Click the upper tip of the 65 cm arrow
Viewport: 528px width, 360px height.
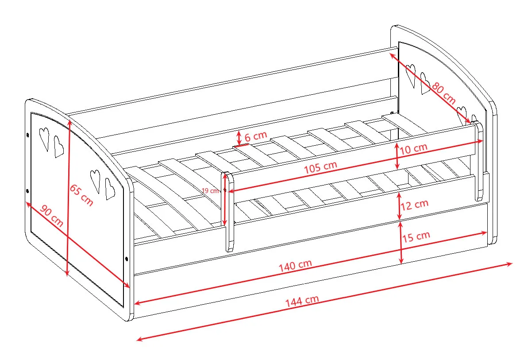click(69, 120)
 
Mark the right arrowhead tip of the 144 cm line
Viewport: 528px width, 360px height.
click(512, 263)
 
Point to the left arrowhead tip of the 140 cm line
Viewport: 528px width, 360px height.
click(135, 303)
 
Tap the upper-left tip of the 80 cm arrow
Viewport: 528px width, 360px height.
click(391, 53)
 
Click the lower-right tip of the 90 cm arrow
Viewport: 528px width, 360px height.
click(129, 287)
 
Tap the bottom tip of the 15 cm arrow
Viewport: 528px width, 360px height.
click(401, 263)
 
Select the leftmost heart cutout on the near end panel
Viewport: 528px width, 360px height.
click(44, 139)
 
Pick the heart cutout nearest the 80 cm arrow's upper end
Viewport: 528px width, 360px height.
click(410, 75)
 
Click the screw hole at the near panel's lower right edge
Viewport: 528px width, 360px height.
click(127, 259)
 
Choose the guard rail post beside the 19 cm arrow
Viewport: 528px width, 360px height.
click(228, 212)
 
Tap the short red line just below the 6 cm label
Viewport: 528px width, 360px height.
click(241, 146)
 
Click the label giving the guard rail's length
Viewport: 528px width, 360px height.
click(320, 166)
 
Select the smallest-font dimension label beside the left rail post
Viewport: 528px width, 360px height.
click(211, 190)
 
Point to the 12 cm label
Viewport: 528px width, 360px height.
click(415, 205)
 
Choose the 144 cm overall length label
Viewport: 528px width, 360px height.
click(302, 301)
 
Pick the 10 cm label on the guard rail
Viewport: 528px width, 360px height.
click(413, 148)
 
